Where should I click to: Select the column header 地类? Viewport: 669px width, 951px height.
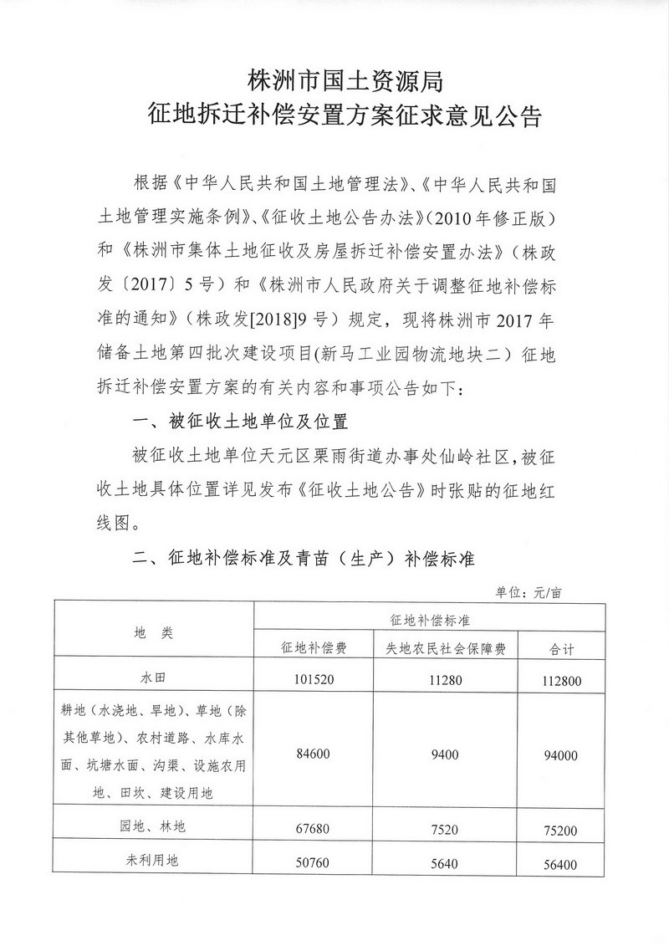152,633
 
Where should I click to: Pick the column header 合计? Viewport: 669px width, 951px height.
561,648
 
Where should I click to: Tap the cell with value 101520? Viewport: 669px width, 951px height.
314,679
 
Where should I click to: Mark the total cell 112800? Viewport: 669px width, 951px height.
561,680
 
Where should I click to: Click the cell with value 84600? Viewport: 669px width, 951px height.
314,754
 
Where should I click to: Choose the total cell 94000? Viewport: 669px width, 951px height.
561,754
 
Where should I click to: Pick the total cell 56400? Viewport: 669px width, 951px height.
561,862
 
